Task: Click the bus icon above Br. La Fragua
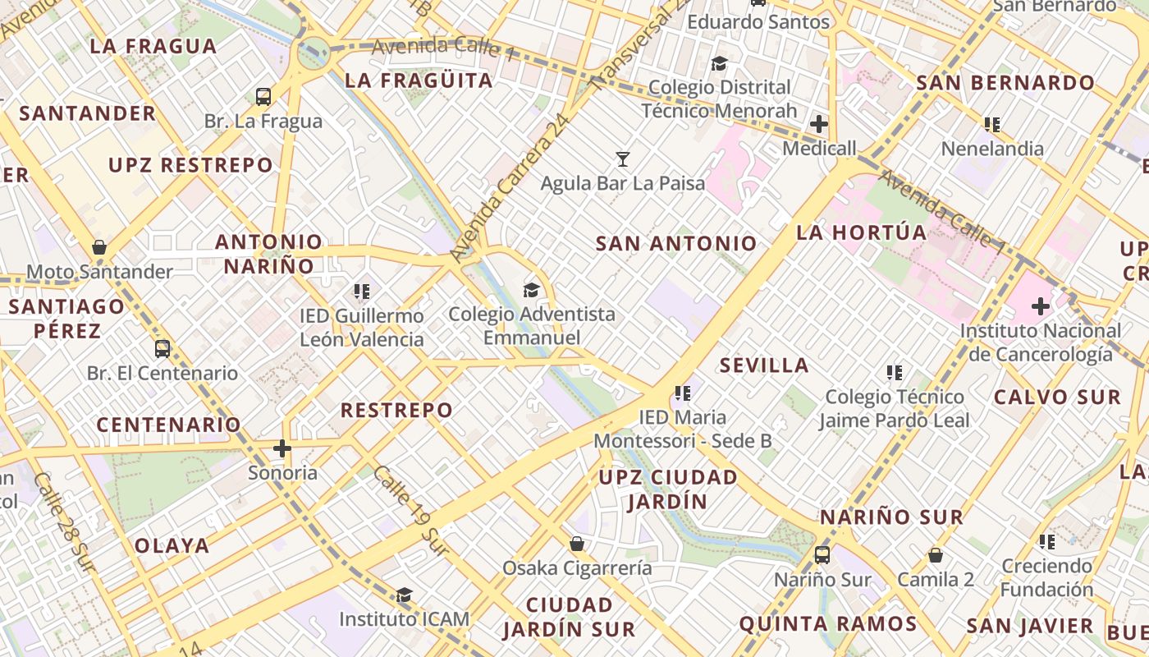tap(263, 97)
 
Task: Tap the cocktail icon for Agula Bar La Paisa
tap(623, 159)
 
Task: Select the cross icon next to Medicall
tap(819, 124)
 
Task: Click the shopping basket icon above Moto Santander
tap(99, 247)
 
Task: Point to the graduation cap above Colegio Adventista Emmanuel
tap(532, 290)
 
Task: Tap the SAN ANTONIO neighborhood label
tap(676, 243)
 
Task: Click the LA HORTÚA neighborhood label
tap(862, 232)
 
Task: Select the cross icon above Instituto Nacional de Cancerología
tap(1041, 307)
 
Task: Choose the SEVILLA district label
tap(764, 365)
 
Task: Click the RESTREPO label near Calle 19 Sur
tap(396, 410)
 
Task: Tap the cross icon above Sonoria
tap(282, 448)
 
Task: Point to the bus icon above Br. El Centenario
tap(163, 348)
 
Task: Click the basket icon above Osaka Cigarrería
tap(577, 544)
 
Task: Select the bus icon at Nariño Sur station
tap(822, 555)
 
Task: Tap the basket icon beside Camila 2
tap(935, 556)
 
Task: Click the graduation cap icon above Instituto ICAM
tap(404, 595)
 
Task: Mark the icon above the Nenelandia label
tap(992, 125)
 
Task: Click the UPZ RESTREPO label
tap(190, 165)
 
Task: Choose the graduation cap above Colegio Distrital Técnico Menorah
tap(719, 63)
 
